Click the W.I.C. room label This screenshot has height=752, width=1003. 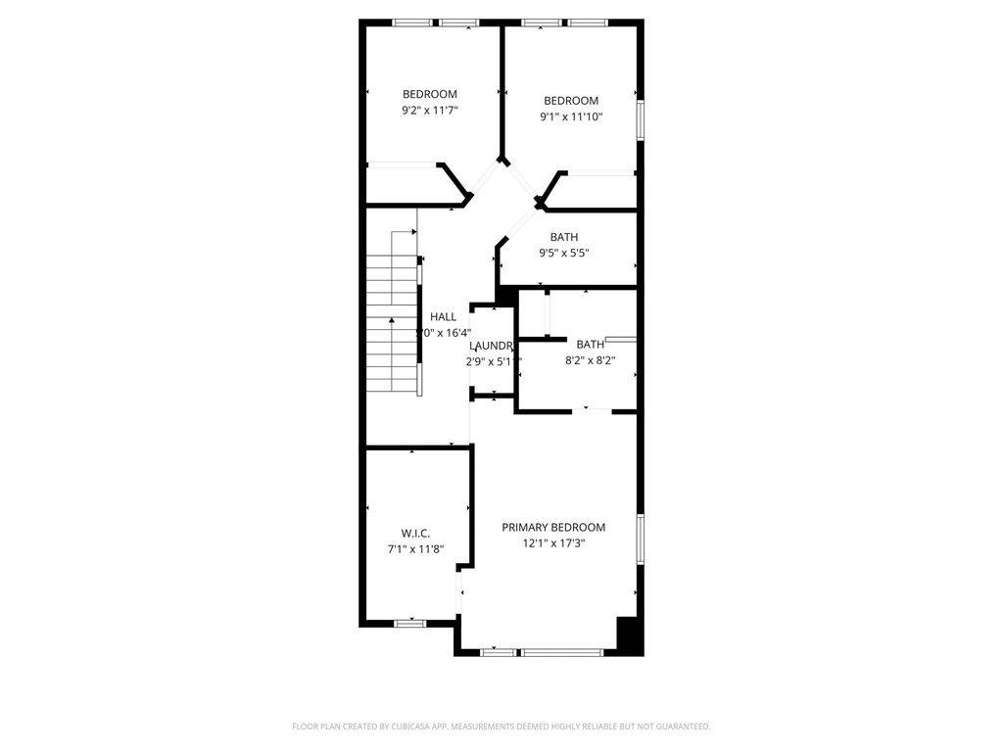pos(416,533)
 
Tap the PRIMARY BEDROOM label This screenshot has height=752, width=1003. pos(553,527)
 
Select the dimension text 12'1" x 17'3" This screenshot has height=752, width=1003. pos(553,543)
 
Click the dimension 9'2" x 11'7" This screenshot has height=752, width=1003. pos(430,111)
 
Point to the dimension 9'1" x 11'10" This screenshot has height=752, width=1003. pos(571,117)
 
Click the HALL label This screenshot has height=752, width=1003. pos(444,316)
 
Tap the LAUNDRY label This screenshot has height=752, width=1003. pos(491,346)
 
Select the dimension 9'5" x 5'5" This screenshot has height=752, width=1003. pos(564,253)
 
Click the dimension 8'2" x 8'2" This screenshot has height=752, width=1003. pos(591,359)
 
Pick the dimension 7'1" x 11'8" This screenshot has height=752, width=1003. pos(416,549)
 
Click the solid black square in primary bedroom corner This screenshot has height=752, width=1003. pos(629,635)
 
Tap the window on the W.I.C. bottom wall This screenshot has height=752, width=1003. pos(410,623)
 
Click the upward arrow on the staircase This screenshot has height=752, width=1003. pos(392,320)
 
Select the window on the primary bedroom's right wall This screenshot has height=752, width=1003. pos(640,540)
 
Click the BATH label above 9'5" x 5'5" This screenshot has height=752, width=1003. pos(564,237)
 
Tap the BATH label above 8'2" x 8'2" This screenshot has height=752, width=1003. pos(591,344)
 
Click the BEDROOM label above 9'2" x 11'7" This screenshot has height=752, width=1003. pos(430,94)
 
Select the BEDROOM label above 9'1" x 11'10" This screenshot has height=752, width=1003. pos(571,100)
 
